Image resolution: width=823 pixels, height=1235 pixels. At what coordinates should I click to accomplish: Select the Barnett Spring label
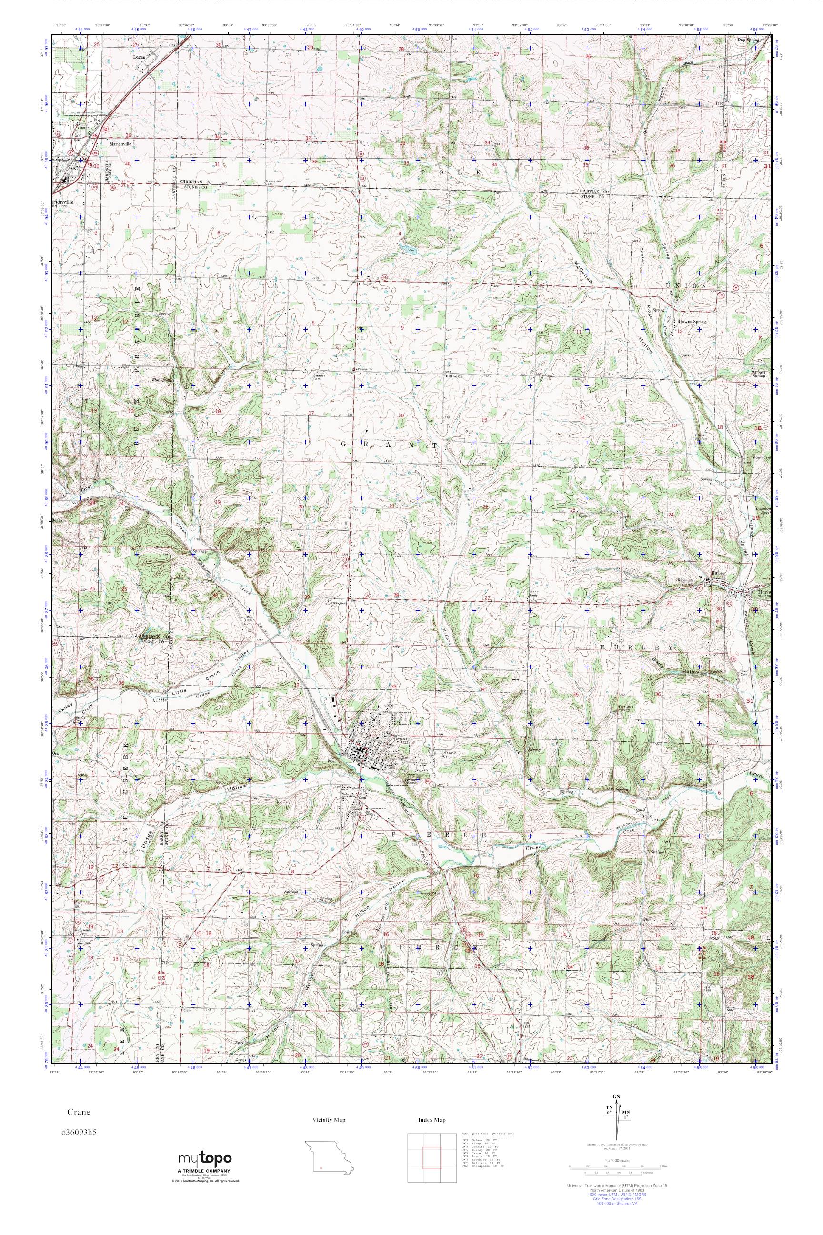[758, 375]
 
